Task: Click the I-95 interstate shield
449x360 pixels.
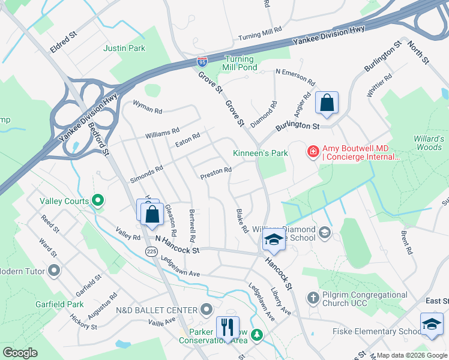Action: click(202, 62)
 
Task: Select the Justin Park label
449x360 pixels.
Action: click(124, 48)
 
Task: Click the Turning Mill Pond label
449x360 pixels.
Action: click(239, 64)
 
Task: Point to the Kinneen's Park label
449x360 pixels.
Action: click(261, 153)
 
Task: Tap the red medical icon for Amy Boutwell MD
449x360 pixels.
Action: click(313, 152)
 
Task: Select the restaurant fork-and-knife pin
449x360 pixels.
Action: click(228, 328)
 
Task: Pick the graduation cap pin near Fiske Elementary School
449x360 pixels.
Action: click(432, 325)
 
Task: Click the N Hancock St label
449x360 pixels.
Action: click(177, 242)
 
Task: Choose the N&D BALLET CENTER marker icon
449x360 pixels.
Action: click(206, 310)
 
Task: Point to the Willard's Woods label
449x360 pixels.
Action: click(429, 143)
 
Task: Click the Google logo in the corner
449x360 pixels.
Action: click(20, 353)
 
